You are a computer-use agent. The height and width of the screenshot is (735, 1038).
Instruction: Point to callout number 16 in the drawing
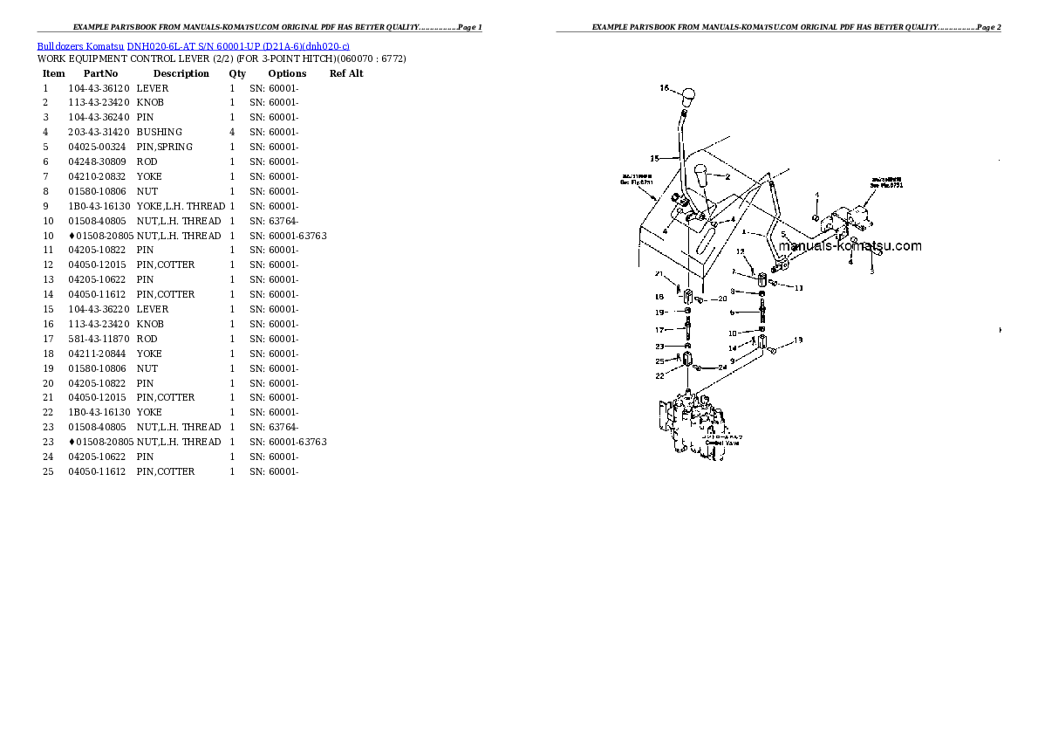click(x=664, y=88)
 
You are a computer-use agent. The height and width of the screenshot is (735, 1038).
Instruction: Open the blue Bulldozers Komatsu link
click(x=81, y=45)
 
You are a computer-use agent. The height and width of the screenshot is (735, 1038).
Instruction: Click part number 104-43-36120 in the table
click(x=99, y=88)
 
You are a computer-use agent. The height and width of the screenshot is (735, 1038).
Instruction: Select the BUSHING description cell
click(x=159, y=132)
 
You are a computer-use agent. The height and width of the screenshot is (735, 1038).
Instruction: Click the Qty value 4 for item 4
click(x=232, y=132)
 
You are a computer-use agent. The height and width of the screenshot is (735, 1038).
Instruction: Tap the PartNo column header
click(x=100, y=73)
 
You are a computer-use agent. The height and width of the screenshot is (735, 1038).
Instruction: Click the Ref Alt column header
click(x=346, y=73)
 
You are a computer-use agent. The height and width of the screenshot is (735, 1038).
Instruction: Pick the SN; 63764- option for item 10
click(x=274, y=221)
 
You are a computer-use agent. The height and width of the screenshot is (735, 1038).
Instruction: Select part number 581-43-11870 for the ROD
click(x=99, y=339)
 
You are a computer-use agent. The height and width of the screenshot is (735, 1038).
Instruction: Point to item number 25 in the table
click(x=48, y=471)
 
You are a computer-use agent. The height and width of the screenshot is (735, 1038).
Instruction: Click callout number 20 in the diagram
click(x=722, y=299)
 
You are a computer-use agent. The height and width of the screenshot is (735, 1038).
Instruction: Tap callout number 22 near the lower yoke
click(x=660, y=376)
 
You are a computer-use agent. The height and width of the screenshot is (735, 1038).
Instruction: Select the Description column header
click(x=181, y=73)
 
